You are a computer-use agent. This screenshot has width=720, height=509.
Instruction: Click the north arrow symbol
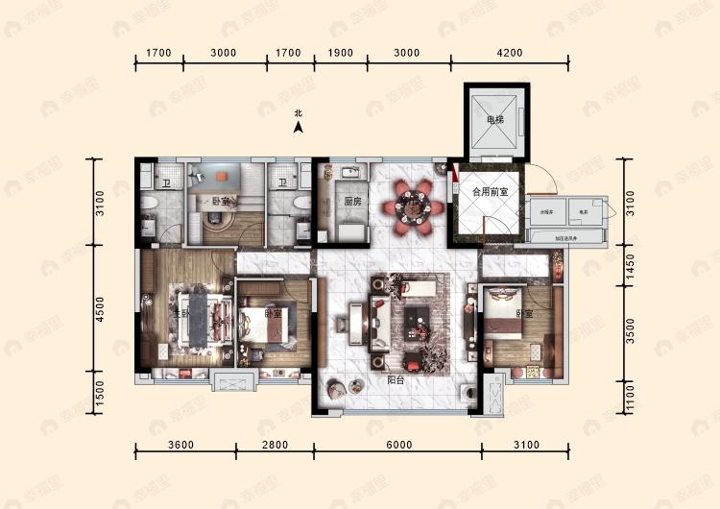pos(299,126)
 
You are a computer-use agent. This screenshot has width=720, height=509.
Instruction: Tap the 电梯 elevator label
pos(494,120)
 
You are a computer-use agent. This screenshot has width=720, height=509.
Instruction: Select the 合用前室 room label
pos(488,191)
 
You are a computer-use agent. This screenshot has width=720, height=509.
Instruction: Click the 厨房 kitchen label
pos(352,202)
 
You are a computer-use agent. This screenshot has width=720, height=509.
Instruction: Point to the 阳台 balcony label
pos(396,379)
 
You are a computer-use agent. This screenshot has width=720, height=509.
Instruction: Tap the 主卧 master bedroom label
pos(181,314)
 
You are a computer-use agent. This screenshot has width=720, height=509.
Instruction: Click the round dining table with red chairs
pos(414,205)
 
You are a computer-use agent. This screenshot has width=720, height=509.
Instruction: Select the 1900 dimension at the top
pos(341,53)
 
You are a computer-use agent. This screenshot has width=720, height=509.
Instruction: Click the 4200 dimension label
pos(510,53)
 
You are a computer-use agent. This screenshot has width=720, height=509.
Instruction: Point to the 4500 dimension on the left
pos(100,308)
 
